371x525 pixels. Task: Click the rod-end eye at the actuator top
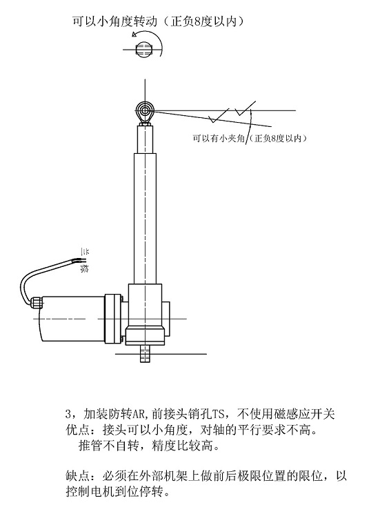145,111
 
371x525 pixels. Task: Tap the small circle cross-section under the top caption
145,50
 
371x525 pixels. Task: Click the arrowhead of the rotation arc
134,34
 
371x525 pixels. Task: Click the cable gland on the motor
36,302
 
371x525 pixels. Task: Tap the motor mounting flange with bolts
113,319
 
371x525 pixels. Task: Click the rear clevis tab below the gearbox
145,354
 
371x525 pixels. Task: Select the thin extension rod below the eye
145,139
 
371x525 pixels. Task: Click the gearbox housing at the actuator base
145,315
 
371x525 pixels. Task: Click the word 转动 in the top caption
146,21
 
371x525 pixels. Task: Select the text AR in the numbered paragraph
138,415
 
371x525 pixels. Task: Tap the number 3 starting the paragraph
68,415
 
